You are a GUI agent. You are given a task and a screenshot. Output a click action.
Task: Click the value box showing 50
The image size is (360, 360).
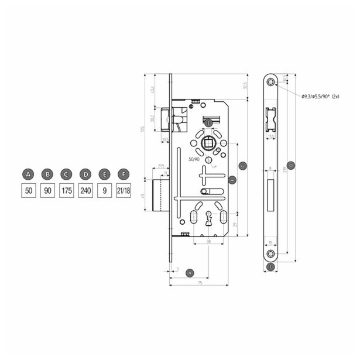coord(28,191)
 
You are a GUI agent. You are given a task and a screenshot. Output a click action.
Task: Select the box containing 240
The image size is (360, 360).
coord(85,191)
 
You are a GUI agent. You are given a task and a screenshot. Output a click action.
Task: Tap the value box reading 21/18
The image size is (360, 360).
coord(123,191)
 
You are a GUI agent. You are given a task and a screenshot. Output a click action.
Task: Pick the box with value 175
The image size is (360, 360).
coord(66,191)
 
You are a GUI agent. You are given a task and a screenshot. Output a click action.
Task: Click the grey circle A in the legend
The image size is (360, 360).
coord(28,174)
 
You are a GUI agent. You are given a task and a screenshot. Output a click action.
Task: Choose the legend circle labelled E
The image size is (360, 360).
coord(104,174)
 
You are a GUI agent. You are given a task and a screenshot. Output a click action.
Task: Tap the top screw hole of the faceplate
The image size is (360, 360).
coord(270,81)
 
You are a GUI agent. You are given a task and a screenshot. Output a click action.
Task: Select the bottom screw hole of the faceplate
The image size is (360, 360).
coord(270,253)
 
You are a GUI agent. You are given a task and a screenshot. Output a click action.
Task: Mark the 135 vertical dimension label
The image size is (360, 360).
coord(142,129)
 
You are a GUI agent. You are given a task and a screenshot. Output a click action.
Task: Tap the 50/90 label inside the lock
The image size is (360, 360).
coord(194,159)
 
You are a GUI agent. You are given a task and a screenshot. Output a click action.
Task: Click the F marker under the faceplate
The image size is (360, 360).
coord(270,268)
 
